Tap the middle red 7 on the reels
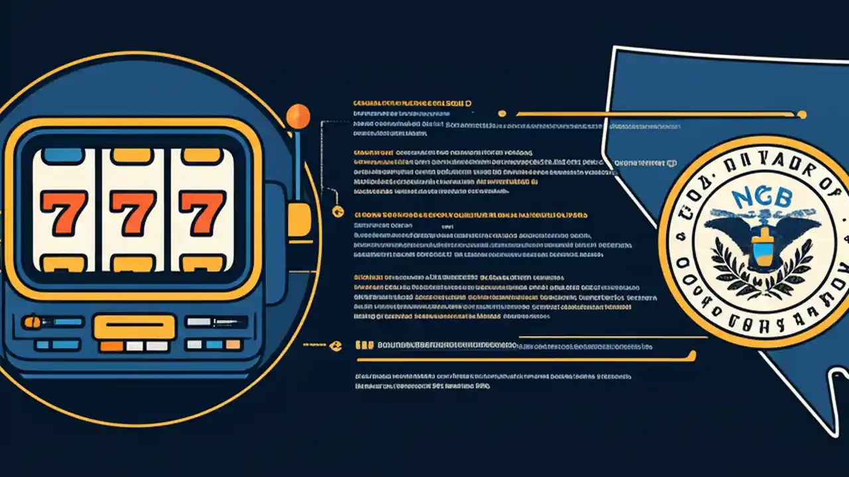pos(133,212)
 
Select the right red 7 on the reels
pos(203,212)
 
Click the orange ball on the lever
pos(298,116)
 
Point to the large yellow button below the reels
pos(134,327)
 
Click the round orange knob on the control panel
pos(31,322)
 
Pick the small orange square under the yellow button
pos(111,346)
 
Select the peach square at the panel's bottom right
pos(233,344)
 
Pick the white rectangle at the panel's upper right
pos(198,322)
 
